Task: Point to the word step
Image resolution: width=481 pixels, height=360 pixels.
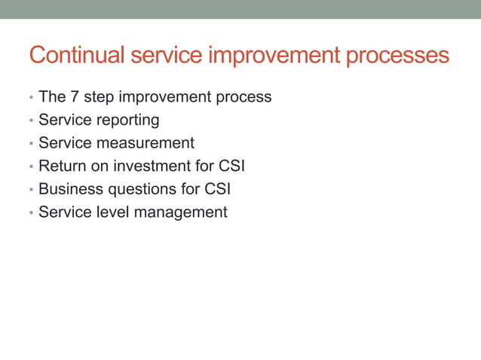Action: [100, 98]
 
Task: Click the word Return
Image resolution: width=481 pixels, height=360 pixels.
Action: [62, 166]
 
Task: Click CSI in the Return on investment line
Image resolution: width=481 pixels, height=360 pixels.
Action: [230, 166]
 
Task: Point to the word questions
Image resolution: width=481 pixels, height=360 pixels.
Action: [138, 189]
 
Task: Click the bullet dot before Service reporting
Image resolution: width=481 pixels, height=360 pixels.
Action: [30, 121]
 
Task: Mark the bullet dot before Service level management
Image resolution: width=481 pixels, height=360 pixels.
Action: [30, 213]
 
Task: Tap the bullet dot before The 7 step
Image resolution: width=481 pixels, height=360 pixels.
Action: [30, 99]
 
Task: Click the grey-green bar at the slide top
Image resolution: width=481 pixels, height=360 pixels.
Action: [240, 9]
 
